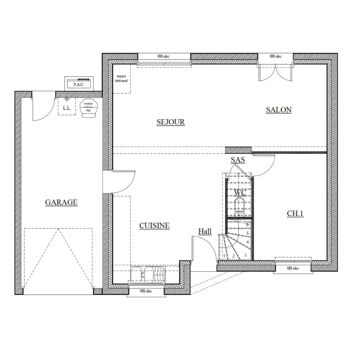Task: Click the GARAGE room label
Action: click(61, 202)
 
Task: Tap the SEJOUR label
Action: click(171, 122)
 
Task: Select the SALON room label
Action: click(279, 110)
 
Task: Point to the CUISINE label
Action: click(154, 226)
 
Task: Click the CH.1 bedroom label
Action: click(295, 213)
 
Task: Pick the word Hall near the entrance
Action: click(205, 231)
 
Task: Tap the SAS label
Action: click(238, 160)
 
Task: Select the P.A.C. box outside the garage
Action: click(78, 84)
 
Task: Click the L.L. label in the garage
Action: click(67, 108)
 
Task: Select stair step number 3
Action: click(245, 256)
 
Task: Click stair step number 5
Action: click(248, 233)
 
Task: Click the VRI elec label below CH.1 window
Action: click(293, 269)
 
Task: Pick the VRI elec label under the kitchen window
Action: click(147, 291)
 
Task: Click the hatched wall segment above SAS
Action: click(238, 149)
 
